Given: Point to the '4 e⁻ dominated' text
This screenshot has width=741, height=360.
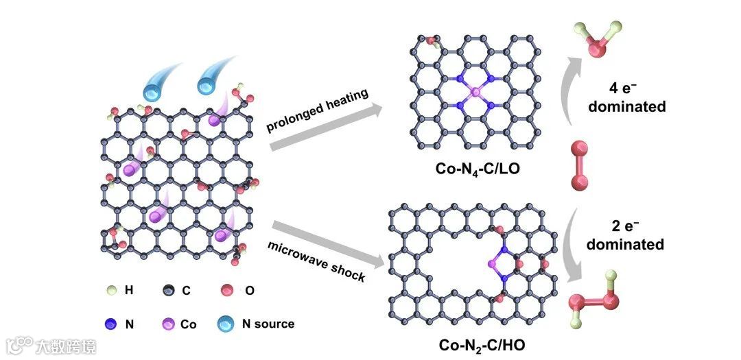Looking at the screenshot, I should click(626, 97).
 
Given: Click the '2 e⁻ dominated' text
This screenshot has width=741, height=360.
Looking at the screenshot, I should click(625, 235).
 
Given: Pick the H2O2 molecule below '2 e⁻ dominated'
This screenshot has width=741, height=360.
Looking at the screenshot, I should click(595, 301).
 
